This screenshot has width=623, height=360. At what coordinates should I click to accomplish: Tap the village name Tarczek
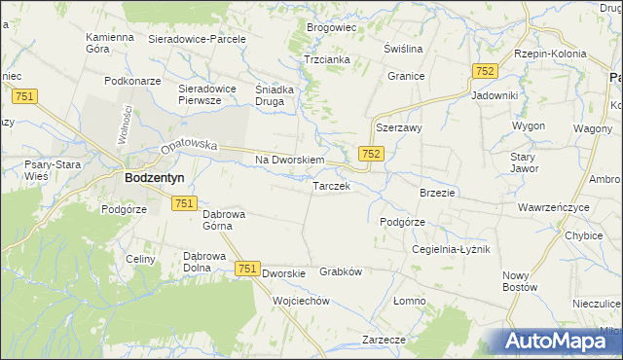(x=331, y=185)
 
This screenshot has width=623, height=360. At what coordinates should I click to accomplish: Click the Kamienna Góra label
(x=109, y=43)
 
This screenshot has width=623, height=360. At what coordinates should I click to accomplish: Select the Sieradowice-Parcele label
(x=197, y=39)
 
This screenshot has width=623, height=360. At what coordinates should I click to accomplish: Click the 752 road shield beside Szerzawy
(x=371, y=154)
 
